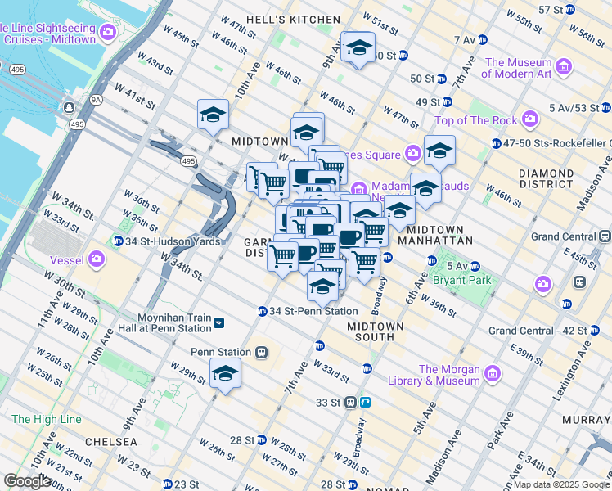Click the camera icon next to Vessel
click(97, 260)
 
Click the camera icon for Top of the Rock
click(530, 120)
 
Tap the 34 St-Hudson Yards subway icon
click(118, 241)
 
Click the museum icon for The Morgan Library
click(492, 374)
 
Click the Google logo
click(27, 481)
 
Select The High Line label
click(47, 419)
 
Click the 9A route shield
click(97, 100)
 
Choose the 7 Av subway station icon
click(482, 39)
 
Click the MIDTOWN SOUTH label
click(376, 332)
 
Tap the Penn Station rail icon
click(261, 352)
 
